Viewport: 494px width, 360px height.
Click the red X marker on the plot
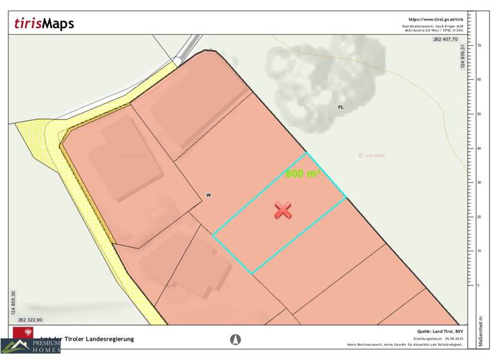pyautogui.click(x=283, y=210)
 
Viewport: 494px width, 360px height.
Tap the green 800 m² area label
pyautogui.click(x=302, y=174)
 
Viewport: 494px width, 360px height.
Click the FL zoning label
pyautogui.click(x=340, y=107)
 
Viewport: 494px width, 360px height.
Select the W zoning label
pyautogui.click(x=208, y=194)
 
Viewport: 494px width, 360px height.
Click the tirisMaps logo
pyautogui.click(x=44, y=24)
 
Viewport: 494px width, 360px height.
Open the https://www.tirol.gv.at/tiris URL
pyautogui.click(x=435, y=19)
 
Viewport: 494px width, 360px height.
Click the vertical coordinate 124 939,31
pyautogui.click(x=463, y=59)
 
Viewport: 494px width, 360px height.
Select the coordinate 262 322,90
pyautogui.click(x=30, y=319)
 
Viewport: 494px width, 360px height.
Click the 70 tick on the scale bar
pyautogui.click(x=479, y=46)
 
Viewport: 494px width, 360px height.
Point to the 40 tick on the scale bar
pyautogui.click(x=479, y=148)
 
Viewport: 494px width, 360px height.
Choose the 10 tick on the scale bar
pyautogui.click(x=479, y=251)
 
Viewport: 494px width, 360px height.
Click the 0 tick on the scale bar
pyautogui.click(x=479, y=285)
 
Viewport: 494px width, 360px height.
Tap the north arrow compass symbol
pyautogui.click(x=236, y=339)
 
